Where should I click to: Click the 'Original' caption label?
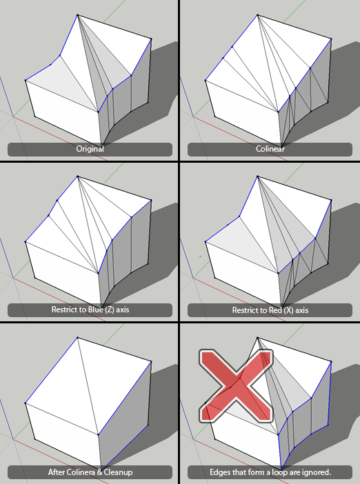point(90,149)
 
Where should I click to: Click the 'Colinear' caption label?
point(270,149)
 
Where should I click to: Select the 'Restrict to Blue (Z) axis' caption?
point(90,310)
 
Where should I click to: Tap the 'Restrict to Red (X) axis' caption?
point(270,310)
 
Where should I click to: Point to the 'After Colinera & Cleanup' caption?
point(90,472)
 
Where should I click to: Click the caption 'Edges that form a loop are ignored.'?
point(270,472)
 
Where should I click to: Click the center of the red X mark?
point(237,385)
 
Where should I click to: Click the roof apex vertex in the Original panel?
point(77,14)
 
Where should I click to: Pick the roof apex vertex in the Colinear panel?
point(259,14)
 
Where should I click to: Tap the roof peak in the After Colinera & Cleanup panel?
point(77,339)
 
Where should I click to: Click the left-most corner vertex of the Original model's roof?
point(26,80)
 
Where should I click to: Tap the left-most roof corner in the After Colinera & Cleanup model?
point(26,404)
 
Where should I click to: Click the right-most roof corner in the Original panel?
point(151,39)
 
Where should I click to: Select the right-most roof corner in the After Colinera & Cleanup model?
point(151,363)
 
